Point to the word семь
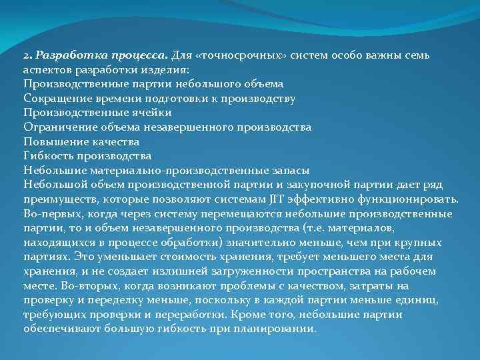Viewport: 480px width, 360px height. tap(423, 55)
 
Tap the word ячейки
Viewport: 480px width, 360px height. tap(149, 112)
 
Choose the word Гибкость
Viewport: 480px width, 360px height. tap(48, 155)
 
